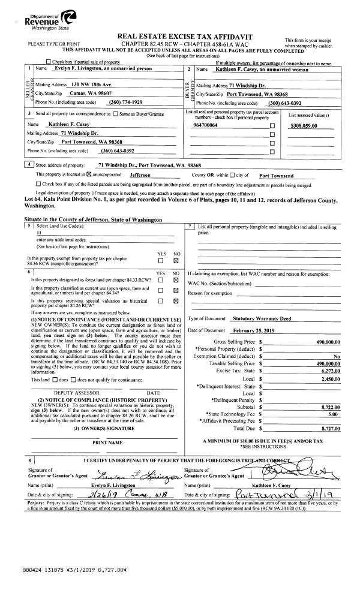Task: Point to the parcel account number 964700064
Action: [206, 125]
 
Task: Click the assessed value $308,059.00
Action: [303, 125]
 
